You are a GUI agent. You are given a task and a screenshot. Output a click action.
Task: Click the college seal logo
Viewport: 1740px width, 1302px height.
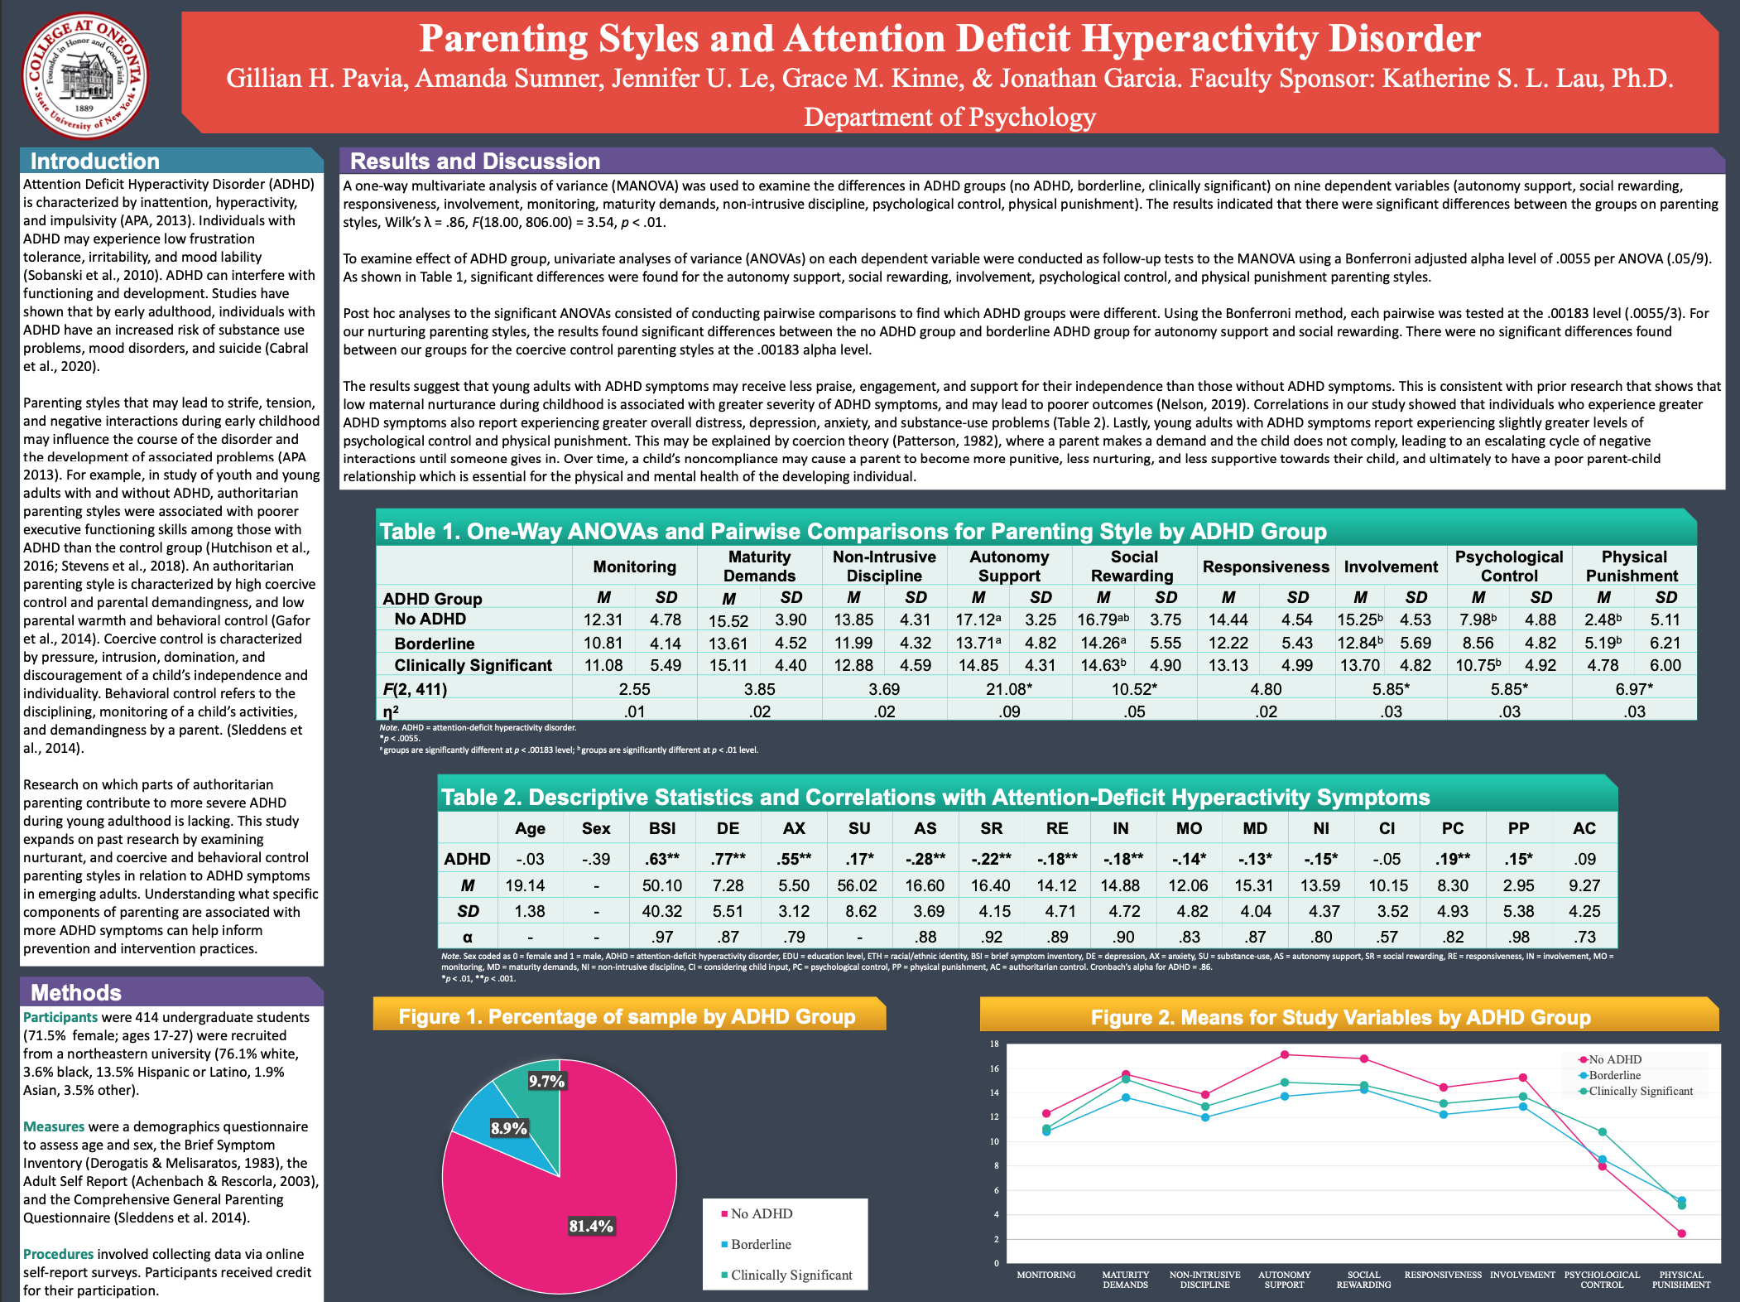[84, 76]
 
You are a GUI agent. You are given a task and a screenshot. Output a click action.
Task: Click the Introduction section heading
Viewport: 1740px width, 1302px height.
[95, 161]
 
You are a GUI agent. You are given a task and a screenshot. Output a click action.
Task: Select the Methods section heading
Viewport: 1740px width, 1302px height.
[76, 992]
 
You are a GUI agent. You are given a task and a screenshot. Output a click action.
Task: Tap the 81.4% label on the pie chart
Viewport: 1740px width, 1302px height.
[591, 1226]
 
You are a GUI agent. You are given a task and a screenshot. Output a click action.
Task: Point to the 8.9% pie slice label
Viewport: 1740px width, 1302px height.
[508, 1128]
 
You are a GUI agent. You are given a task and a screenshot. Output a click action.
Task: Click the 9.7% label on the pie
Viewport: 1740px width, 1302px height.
[546, 1081]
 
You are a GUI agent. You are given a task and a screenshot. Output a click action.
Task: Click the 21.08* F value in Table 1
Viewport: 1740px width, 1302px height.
[1008, 689]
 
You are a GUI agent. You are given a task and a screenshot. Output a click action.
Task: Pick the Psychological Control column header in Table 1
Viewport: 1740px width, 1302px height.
[1509, 567]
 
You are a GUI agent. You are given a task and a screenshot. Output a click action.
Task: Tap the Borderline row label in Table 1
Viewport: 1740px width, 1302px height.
[435, 644]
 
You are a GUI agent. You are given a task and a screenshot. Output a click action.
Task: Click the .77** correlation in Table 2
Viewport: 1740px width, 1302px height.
[728, 859]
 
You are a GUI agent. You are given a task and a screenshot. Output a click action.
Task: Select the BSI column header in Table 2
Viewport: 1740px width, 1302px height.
[662, 828]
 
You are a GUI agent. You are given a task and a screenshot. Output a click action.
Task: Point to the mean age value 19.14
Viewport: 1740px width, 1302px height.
[526, 885]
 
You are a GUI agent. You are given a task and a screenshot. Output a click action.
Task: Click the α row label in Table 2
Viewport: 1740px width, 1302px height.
[468, 937]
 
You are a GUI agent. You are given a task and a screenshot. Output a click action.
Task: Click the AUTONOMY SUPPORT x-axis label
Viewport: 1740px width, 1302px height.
[1284, 1280]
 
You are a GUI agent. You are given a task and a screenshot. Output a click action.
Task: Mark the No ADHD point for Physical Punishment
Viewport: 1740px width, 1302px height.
[1681, 1233]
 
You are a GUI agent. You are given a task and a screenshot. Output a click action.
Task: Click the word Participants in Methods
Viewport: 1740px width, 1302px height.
[60, 1017]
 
